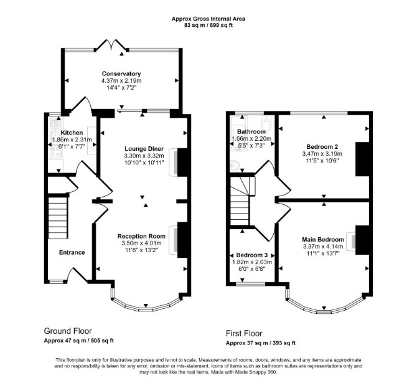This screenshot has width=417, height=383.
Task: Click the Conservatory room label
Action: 121,73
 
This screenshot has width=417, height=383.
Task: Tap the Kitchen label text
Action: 72,133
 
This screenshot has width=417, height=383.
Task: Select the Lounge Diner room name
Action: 144,149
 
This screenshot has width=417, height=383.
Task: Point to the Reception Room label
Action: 141,236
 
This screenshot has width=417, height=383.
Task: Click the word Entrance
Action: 72,252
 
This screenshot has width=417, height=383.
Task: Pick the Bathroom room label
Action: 251,131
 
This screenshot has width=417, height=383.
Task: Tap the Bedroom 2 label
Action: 322,146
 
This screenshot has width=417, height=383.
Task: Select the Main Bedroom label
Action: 323,239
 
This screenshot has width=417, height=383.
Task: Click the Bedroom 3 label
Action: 252,255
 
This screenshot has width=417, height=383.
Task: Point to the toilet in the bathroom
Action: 266,122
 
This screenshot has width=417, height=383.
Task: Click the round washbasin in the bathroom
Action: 235,166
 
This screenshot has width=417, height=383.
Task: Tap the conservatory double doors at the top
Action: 111,45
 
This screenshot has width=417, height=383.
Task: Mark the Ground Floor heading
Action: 68,331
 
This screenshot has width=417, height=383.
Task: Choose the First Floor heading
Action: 244,333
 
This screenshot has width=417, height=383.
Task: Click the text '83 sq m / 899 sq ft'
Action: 208,26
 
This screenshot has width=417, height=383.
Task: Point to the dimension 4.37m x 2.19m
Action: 121,80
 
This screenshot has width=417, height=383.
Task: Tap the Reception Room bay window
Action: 146,304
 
